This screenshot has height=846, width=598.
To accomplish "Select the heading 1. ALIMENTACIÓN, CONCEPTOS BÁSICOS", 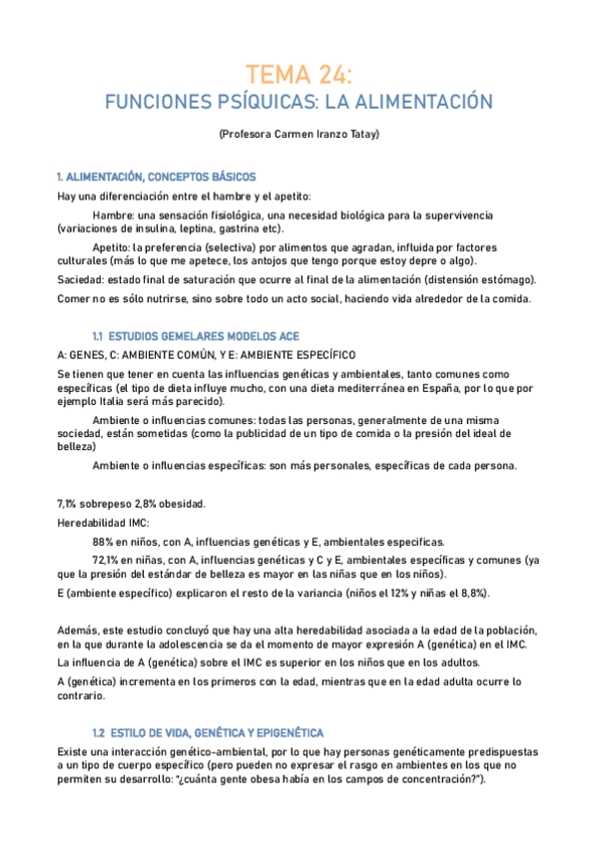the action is click(157, 177).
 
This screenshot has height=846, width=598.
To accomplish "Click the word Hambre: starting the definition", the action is click(114, 215).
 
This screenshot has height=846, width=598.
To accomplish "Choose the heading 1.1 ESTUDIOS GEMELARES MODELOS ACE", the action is click(195, 336).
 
